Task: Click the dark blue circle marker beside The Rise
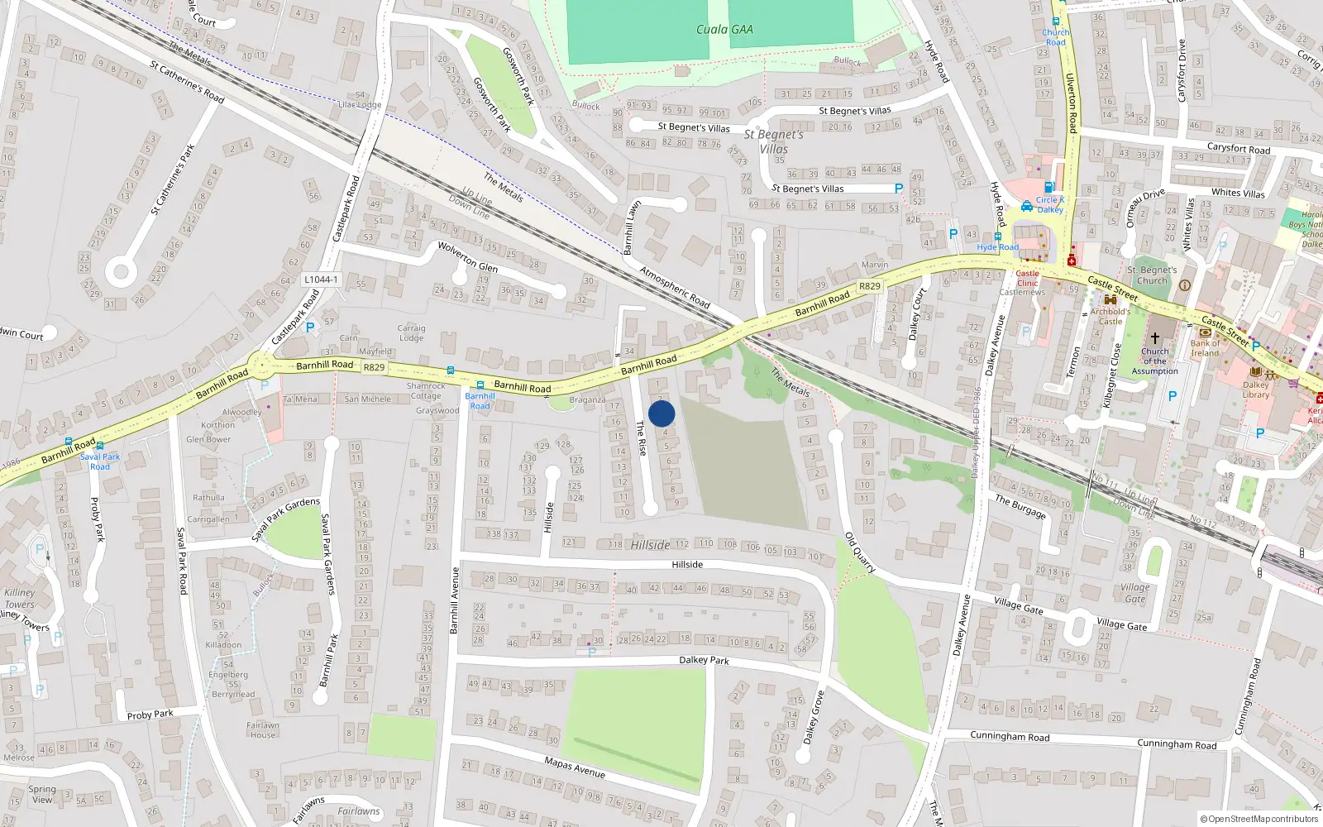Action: [x=661, y=413]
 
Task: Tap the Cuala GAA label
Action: [x=724, y=30]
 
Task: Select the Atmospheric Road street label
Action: [x=675, y=287]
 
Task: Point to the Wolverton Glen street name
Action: [x=467, y=256]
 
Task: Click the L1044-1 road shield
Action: [x=321, y=280]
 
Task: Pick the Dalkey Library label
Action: [x=1255, y=390]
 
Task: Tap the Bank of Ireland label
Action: [x=1205, y=348]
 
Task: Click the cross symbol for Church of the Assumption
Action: [x=1155, y=338]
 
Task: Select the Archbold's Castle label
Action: [x=1110, y=316]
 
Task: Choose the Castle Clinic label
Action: [x=1027, y=278]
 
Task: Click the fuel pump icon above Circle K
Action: [x=1048, y=188]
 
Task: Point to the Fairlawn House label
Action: [x=263, y=729]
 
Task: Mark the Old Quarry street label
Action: [x=860, y=552]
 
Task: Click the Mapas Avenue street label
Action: [x=575, y=767]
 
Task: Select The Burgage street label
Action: [x=1020, y=506]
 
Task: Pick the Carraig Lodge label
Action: [x=411, y=332]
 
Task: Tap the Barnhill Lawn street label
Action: [x=632, y=227]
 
